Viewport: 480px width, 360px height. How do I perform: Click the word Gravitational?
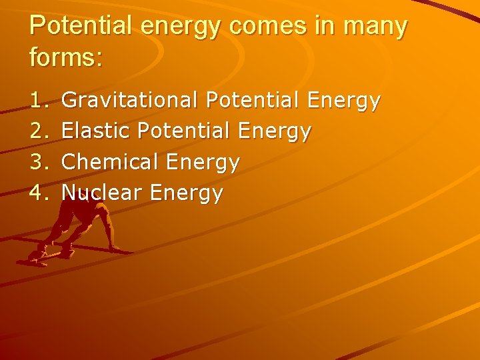coord(129,101)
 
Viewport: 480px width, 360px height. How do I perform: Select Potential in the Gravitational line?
coord(253,101)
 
